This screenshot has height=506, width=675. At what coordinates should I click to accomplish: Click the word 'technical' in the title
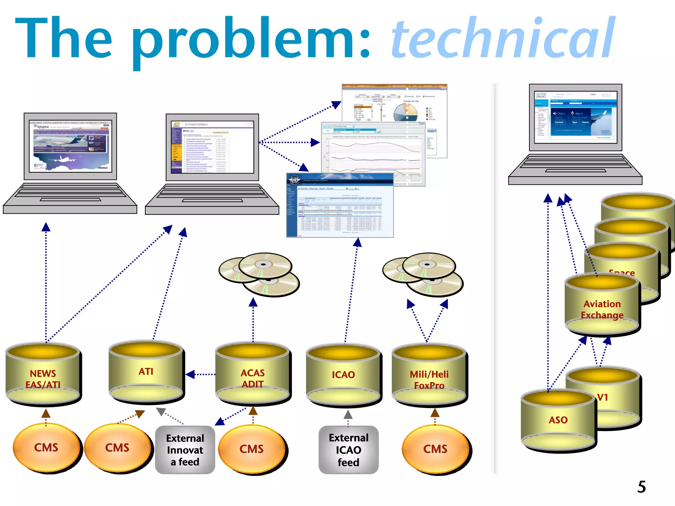pyautogui.click(x=503, y=38)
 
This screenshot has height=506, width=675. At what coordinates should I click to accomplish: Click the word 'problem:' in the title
pyautogui.click(x=252, y=40)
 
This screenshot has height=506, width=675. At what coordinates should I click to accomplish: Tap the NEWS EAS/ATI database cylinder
pyautogui.click(x=43, y=376)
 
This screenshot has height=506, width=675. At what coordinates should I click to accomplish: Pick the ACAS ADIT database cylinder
pyautogui.click(x=253, y=376)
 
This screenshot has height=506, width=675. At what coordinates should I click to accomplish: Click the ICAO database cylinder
pyautogui.click(x=343, y=376)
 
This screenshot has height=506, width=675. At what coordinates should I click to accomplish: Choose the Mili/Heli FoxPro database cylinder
pyautogui.click(x=429, y=376)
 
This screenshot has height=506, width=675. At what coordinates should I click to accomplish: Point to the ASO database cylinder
pyautogui.click(x=558, y=420)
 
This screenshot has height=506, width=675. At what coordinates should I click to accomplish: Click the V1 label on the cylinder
pyautogui.click(x=602, y=397)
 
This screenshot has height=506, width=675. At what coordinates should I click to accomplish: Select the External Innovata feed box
pyautogui.click(x=185, y=450)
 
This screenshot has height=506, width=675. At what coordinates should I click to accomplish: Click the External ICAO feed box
pyautogui.click(x=348, y=450)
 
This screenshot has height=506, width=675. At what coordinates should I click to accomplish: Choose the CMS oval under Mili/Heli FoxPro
pyautogui.click(x=435, y=449)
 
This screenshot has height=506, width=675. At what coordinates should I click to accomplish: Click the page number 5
pyautogui.click(x=641, y=487)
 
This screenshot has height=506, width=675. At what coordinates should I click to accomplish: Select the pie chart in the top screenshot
pyautogui.click(x=405, y=112)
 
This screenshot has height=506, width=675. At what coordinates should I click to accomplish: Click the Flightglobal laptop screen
pyautogui.click(x=70, y=146)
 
